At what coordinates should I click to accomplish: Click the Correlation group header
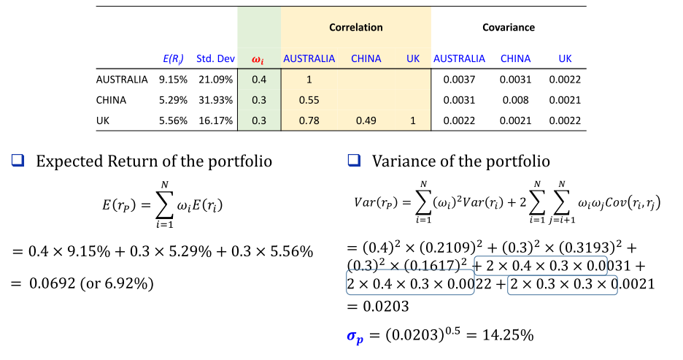(355, 28)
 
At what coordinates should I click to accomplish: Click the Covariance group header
(508, 28)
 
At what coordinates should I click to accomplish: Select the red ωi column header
(258, 58)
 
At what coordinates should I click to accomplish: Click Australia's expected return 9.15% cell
(172, 80)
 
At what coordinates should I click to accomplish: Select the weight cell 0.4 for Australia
(258, 80)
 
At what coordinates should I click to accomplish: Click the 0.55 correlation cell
(309, 100)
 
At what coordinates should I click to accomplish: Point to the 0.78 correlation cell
(309, 121)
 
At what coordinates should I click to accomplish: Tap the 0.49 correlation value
(366, 121)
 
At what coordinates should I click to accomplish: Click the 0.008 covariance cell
(515, 100)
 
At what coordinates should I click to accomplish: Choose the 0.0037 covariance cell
(459, 80)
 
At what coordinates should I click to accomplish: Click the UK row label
(104, 121)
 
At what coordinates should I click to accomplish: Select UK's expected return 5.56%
(172, 121)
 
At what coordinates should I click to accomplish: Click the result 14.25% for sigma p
(511, 337)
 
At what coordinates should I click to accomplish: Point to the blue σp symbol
(355, 337)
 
